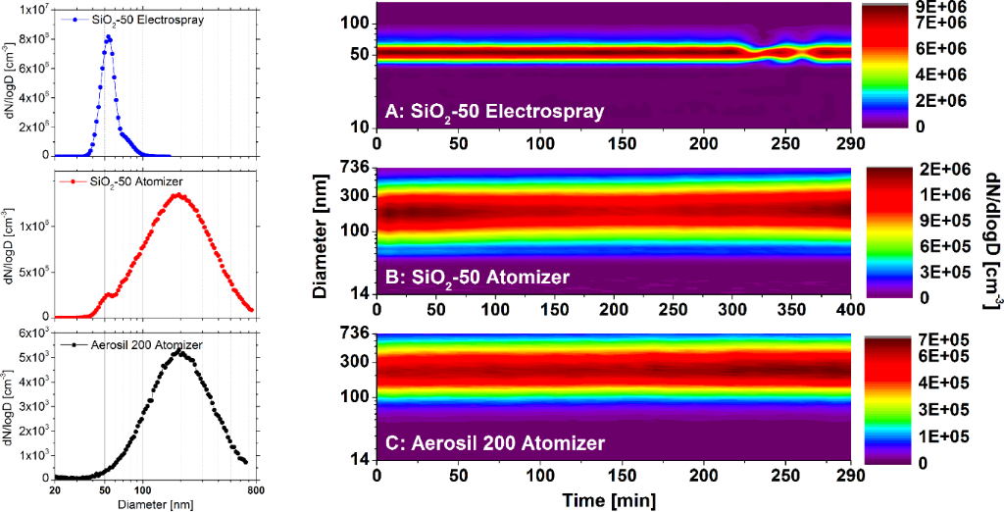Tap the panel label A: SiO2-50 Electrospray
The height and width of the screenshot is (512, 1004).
[x=496, y=113]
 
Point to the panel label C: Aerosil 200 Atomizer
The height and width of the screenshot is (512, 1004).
[x=494, y=443]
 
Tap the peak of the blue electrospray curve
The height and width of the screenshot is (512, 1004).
[x=108, y=37]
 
